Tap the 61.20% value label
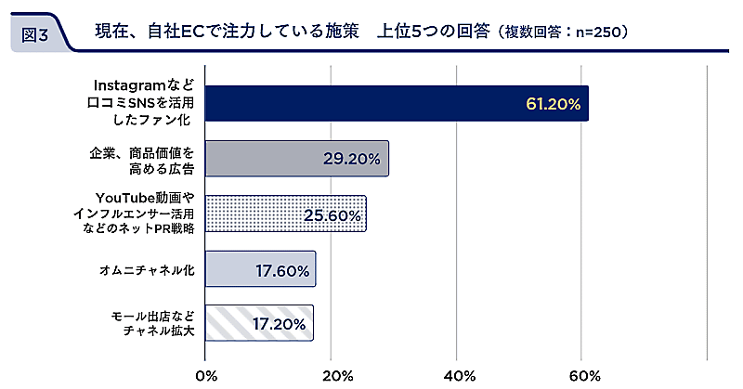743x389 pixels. click(553, 104)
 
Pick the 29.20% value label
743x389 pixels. click(352, 159)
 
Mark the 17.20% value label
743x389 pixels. click(280, 325)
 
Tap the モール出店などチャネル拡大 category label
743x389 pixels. click(151, 324)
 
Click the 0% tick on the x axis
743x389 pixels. click(206, 375)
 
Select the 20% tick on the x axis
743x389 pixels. click(332, 375)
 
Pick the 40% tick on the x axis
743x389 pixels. click(457, 375)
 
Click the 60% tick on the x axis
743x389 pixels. click(582, 375)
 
